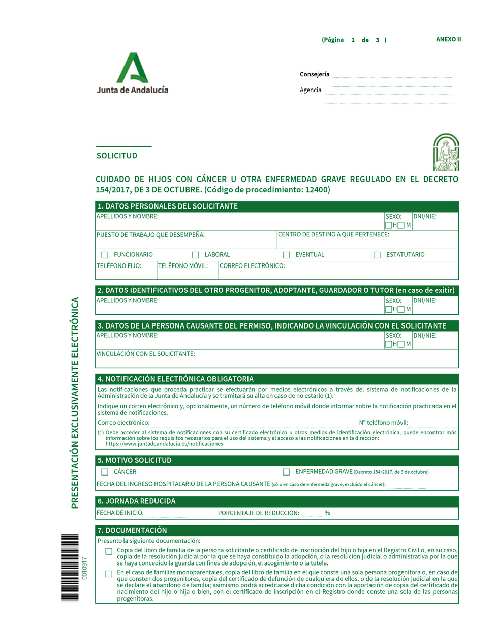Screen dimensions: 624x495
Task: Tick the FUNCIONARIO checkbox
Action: [105, 255]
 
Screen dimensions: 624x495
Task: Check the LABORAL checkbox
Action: [195, 255]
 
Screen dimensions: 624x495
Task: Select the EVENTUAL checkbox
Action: [286, 255]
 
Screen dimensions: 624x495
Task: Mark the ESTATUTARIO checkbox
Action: [377, 255]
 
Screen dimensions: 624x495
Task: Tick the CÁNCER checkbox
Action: [105, 472]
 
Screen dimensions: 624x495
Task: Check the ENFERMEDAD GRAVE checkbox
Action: [286, 472]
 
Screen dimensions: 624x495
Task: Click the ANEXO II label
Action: [448, 39]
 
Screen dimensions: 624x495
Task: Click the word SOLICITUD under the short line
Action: [117, 156]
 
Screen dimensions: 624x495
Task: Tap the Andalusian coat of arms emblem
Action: [446, 153]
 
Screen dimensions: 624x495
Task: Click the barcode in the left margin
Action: [70, 568]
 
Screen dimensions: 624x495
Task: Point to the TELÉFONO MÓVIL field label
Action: [182, 266]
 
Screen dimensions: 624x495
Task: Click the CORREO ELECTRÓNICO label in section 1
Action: [252, 266]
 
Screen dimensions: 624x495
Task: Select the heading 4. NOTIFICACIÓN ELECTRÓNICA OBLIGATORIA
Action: [175, 379]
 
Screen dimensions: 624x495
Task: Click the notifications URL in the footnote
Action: [164, 444]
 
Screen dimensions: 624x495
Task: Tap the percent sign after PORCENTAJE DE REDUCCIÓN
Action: [327, 513]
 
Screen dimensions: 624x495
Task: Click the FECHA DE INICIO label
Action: [120, 513]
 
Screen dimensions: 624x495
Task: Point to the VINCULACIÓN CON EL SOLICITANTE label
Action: [146, 354]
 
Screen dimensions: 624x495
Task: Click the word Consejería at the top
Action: [315, 74]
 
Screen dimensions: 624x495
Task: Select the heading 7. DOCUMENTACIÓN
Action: [132, 530]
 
